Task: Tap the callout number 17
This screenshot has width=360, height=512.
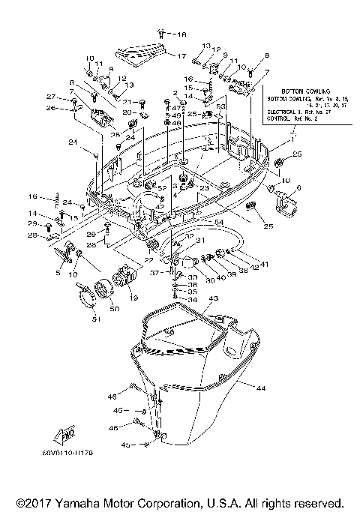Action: tap(180, 56)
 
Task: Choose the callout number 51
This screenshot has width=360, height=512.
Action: tap(95, 322)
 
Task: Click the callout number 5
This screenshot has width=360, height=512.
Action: tap(59, 274)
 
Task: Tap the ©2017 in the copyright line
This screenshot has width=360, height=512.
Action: tap(32, 502)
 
